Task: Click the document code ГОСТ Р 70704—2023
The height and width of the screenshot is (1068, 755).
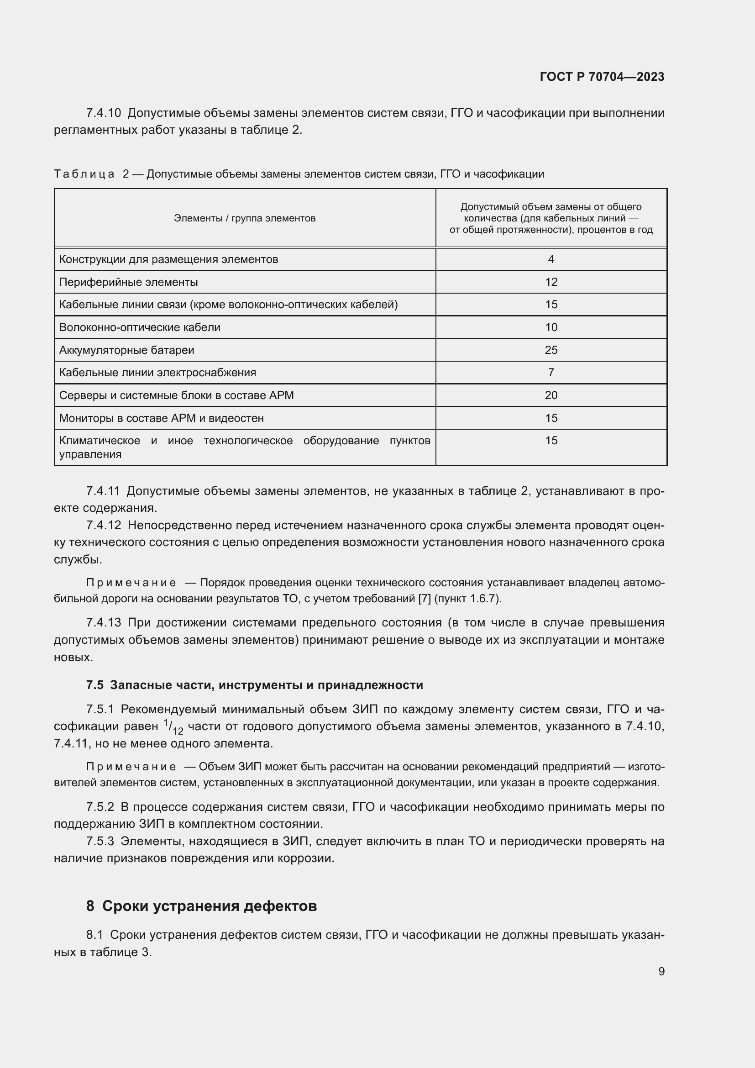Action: [602, 77]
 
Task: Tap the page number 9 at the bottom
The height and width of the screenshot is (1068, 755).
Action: [661, 971]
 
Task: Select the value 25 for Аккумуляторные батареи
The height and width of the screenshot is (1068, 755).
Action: [551, 350]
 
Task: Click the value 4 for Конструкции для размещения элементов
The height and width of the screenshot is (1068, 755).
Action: [551, 259]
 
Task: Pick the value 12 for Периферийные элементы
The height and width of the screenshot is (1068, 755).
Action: [551, 282]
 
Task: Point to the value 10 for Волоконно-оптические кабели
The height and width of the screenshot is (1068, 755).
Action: [551, 327]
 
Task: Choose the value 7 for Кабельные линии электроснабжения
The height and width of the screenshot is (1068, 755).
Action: [551, 372]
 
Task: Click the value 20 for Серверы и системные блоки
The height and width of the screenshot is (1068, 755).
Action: [551, 395]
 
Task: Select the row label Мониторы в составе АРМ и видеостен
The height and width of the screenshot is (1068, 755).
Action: [161, 418]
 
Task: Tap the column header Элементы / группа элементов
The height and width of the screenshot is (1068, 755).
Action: [245, 218]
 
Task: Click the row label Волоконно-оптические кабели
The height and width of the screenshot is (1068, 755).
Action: [140, 327]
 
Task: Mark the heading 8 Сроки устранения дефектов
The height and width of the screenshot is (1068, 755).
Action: [201, 905]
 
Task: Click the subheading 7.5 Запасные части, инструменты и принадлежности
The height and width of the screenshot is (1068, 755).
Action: [254, 685]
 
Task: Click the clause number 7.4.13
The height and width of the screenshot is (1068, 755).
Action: [103, 622]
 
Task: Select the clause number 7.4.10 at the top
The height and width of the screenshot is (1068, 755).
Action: [103, 113]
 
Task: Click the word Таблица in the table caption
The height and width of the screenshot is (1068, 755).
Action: [84, 174]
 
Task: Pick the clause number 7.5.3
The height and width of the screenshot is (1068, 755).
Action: [100, 841]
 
